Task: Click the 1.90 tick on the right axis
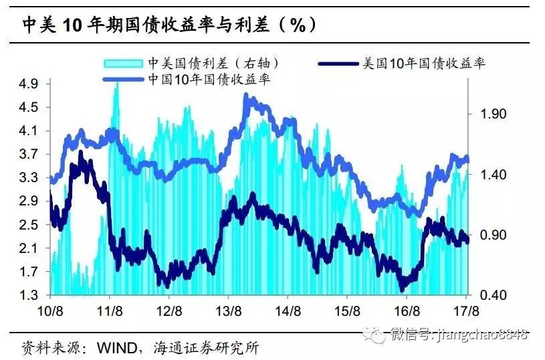[x=496, y=114]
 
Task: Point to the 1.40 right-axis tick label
[x=496, y=175]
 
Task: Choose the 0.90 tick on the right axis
[x=496, y=235]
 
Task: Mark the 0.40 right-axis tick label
[x=496, y=295]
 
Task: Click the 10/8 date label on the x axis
[x=51, y=311]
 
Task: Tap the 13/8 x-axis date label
[x=229, y=311]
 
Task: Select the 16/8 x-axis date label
[x=406, y=311]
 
